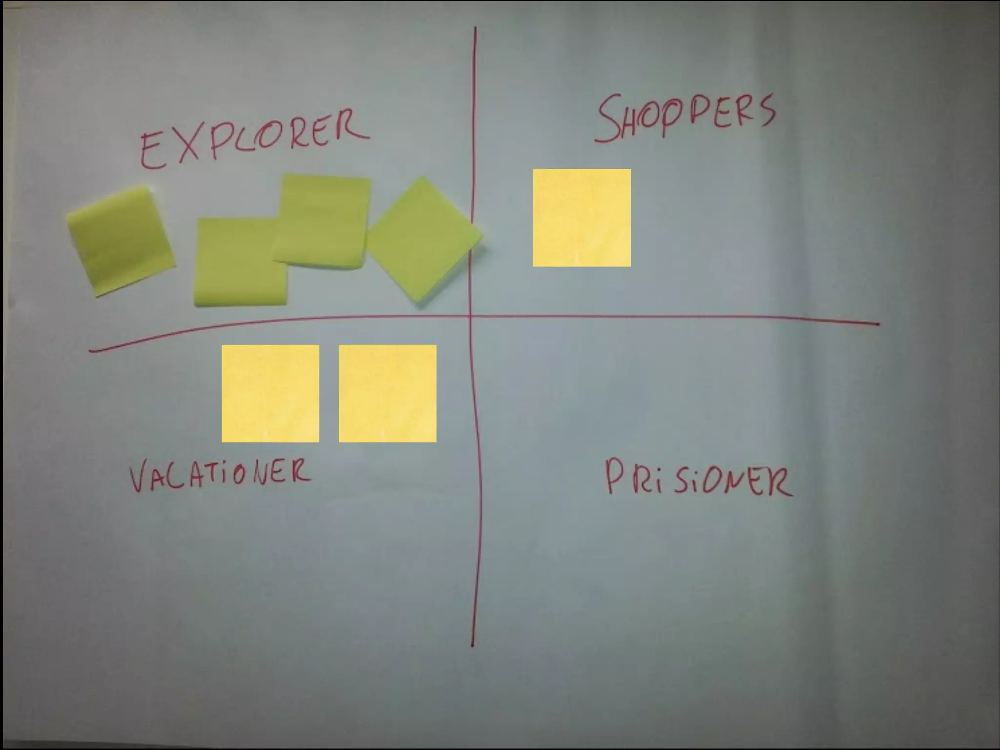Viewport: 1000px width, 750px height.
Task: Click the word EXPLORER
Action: (x=254, y=139)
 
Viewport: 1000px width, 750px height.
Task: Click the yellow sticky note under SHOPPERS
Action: (x=582, y=218)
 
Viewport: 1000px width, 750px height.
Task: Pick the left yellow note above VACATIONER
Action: (x=270, y=394)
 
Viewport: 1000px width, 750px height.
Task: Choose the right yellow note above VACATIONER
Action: (x=387, y=394)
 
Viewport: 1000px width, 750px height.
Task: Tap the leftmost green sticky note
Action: (x=121, y=240)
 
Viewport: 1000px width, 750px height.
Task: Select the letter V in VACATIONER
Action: (x=140, y=478)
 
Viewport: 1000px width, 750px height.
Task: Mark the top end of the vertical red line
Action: (x=475, y=28)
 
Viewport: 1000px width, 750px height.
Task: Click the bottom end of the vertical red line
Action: (x=472, y=646)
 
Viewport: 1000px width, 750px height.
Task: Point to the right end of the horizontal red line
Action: (x=879, y=323)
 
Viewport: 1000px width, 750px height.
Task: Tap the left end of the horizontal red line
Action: (x=90, y=350)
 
